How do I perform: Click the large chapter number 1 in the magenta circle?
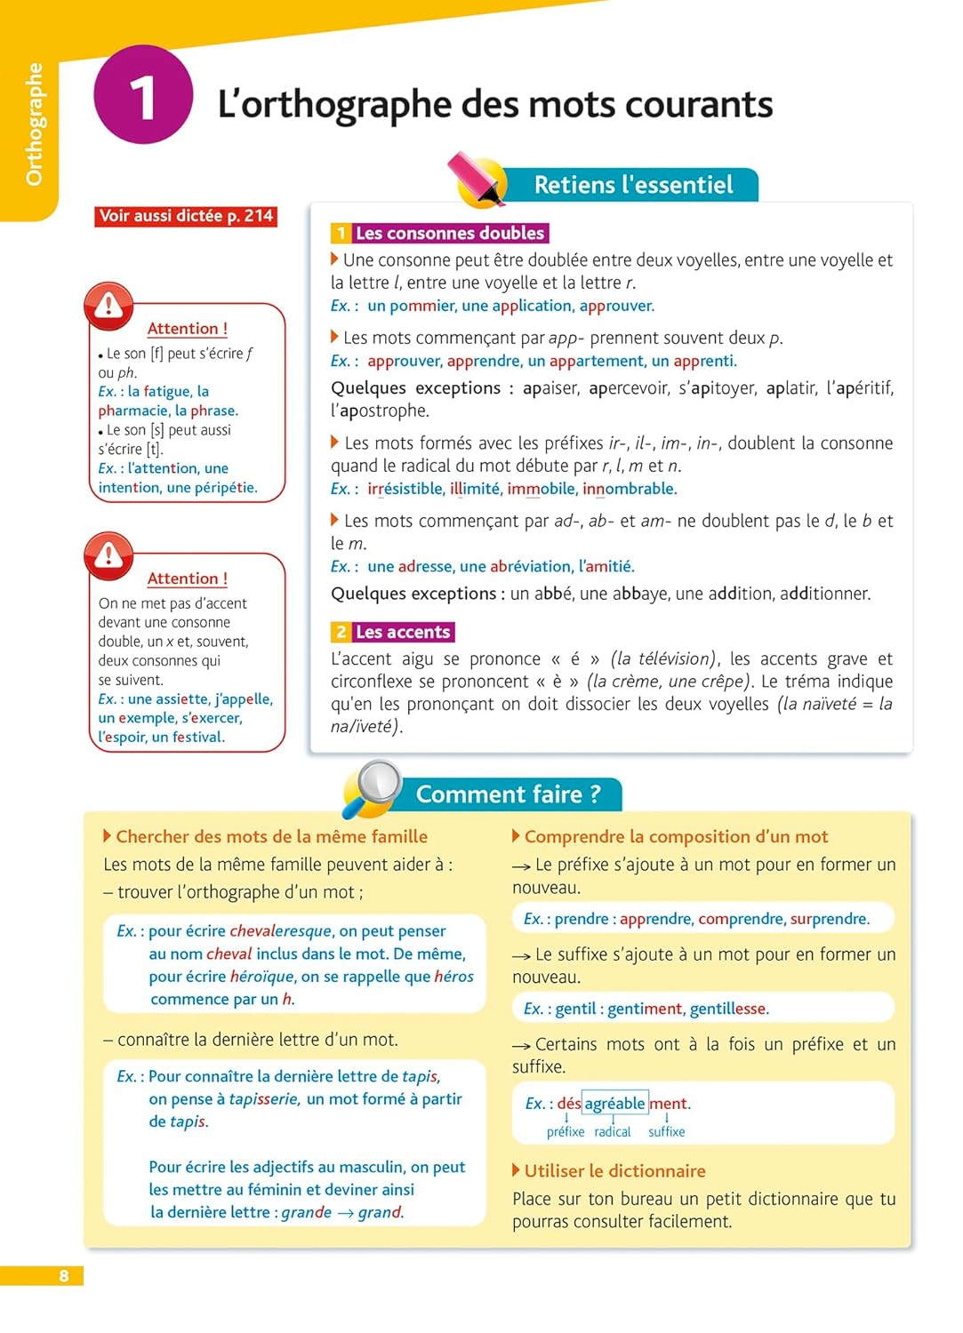[x=143, y=95]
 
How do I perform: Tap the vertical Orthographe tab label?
[x=34, y=124]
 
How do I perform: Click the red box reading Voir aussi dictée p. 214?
[x=186, y=216]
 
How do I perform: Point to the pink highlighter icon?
[x=477, y=177]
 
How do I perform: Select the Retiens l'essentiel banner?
[x=633, y=185]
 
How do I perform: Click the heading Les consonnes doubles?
[x=449, y=233]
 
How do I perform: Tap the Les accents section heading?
[x=402, y=632]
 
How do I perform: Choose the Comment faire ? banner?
[x=508, y=794]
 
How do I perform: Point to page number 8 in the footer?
[x=63, y=1276]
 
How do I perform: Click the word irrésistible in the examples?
[x=405, y=489]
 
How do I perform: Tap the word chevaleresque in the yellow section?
[x=280, y=931]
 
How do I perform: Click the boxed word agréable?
[x=614, y=1104]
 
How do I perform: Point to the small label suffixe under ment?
[x=666, y=1132]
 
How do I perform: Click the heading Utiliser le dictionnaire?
[x=614, y=1171]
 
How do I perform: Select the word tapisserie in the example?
[x=263, y=1099]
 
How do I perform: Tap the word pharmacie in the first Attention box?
[x=133, y=411]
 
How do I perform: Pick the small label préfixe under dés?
[x=566, y=1132]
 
